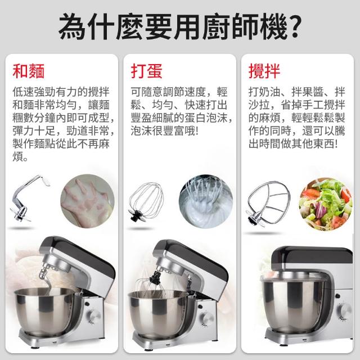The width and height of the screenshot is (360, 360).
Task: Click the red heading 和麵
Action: [x=29, y=71]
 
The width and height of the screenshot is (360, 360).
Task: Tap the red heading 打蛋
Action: [x=146, y=71]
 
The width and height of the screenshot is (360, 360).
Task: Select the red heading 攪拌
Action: [x=264, y=71]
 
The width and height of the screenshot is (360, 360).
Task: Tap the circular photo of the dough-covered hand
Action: [x=87, y=201]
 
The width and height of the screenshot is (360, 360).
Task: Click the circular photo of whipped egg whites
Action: [x=206, y=201]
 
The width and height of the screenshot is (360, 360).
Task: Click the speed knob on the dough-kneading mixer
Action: [x=93, y=316]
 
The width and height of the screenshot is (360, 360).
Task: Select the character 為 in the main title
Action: [x=73, y=26]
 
